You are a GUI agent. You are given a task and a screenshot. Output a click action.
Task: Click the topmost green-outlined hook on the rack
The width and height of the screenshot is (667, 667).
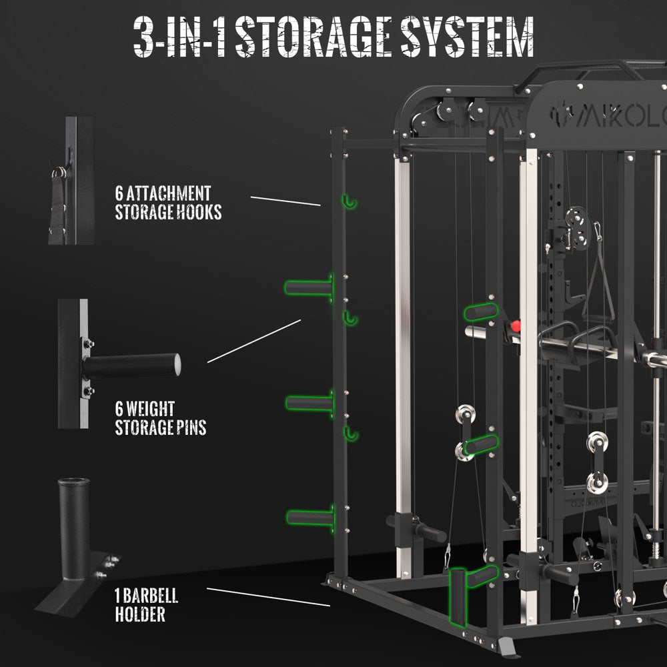point(349,202)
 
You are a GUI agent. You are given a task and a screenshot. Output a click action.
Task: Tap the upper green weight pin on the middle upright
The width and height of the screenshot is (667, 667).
point(481,311)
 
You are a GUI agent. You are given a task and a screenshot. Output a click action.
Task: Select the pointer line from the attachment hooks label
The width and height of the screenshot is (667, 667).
point(285,201)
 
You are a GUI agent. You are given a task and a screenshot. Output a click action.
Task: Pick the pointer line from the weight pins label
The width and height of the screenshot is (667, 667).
point(254,341)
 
